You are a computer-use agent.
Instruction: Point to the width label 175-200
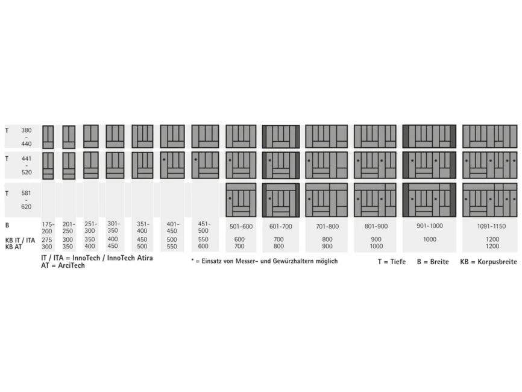[48, 227]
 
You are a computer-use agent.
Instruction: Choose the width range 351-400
[142, 227]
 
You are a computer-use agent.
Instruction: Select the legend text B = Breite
[433, 262]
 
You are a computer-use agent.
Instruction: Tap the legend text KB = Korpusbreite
[488, 262]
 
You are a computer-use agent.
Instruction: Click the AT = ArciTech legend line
[63, 266]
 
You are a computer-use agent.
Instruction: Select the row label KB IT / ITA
[20, 239]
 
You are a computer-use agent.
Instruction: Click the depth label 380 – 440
[27, 137]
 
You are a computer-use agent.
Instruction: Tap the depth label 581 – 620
[27, 200]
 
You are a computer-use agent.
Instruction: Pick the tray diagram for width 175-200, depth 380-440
[48, 137]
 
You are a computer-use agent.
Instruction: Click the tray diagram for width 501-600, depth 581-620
[241, 200]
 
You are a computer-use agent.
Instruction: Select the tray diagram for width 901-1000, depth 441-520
[429, 165]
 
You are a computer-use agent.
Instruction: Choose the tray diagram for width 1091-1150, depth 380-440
[489, 136]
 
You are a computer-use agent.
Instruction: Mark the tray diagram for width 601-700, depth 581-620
[281, 200]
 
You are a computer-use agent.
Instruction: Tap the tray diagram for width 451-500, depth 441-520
[205, 165]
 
